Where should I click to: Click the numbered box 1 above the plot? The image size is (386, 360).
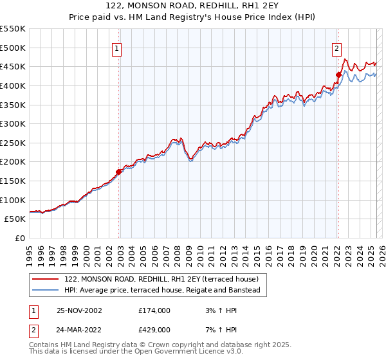117,48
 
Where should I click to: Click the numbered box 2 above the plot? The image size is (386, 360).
336,48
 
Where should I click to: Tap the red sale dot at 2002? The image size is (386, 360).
118,172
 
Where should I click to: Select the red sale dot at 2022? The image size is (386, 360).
338,75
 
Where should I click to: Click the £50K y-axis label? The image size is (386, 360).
15,219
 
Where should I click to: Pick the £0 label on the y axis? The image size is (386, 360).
20,238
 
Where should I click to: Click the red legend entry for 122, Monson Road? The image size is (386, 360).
161,279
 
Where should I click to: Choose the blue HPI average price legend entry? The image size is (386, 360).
161,291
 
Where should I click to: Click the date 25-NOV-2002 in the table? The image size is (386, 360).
79,310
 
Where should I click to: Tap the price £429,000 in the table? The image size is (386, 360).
154,330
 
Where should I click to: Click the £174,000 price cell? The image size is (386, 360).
154,310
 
